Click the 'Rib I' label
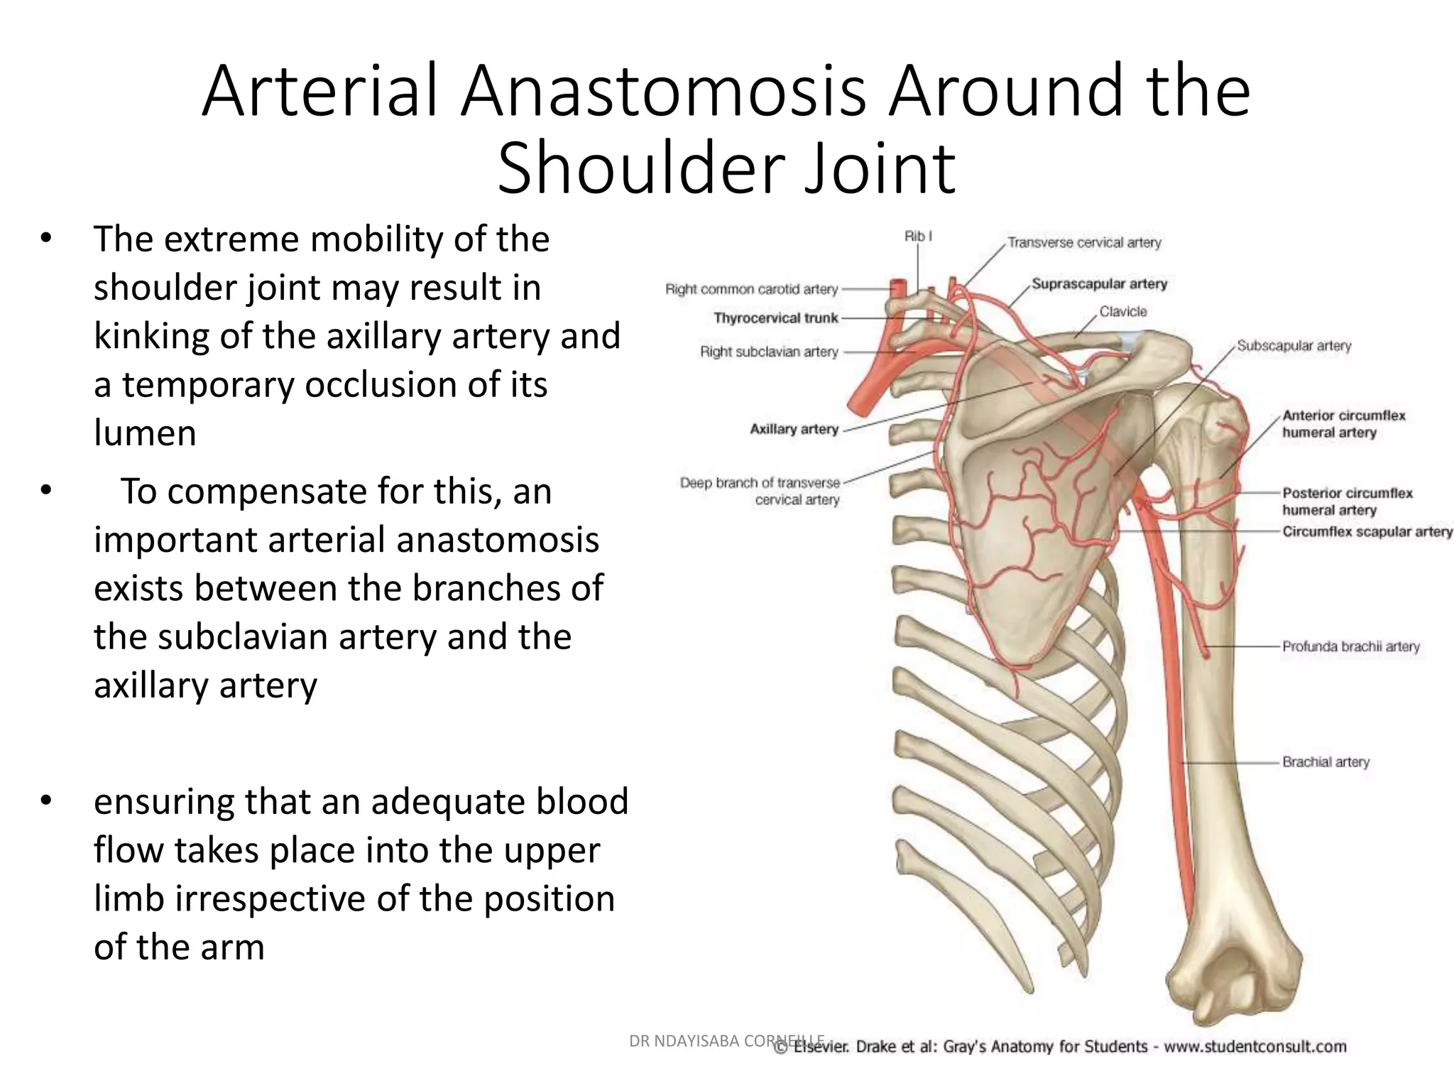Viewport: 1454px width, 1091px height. (x=917, y=236)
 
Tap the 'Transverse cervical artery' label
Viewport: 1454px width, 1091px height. (x=1084, y=243)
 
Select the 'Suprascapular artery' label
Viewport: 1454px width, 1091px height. (x=1099, y=284)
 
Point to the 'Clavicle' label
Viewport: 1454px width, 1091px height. (x=1123, y=312)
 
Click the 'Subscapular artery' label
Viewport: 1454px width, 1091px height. (x=1294, y=346)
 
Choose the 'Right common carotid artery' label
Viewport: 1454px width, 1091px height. (x=751, y=289)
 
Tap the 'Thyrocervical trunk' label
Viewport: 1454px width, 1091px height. (x=775, y=318)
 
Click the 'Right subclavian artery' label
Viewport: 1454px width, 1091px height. (x=769, y=352)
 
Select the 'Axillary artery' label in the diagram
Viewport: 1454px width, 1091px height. (x=794, y=429)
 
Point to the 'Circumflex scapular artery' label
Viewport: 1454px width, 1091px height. (x=1367, y=532)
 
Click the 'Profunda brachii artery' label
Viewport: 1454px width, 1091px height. (x=1350, y=646)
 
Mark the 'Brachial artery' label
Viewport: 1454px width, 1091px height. (x=1325, y=762)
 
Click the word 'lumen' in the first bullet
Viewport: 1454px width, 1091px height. (x=145, y=433)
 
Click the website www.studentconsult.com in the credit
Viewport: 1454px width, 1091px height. (x=1255, y=1046)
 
